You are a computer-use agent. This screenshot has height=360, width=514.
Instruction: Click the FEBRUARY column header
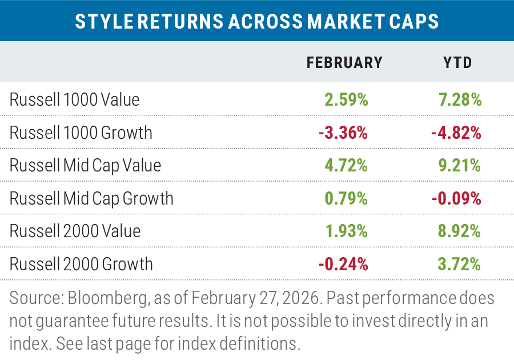(x=344, y=62)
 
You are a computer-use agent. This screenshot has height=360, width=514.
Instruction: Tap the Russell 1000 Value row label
(x=74, y=100)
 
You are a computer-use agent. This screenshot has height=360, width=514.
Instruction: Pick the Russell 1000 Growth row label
(x=81, y=133)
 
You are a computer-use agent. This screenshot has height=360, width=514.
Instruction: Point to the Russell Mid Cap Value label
(x=85, y=166)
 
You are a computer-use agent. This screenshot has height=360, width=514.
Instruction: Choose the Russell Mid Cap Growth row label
(x=91, y=198)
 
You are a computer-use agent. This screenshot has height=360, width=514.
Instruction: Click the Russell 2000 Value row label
(x=75, y=231)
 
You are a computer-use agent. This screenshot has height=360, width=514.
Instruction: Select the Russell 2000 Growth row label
(x=81, y=264)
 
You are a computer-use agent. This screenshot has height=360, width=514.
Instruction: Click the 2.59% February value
(x=346, y=100)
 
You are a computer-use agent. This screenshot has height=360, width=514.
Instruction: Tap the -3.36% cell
(x=343, y=133)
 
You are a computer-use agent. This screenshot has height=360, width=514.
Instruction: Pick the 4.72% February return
(x=346, y=166)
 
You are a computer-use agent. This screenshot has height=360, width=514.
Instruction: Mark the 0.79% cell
(x=346, y=198)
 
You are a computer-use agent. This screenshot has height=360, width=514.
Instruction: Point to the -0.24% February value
(x=343, y=264)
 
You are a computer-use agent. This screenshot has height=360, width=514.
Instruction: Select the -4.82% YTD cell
(x=456, y=133)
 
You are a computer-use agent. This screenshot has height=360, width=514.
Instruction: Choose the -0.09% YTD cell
(x=456, y=198)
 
